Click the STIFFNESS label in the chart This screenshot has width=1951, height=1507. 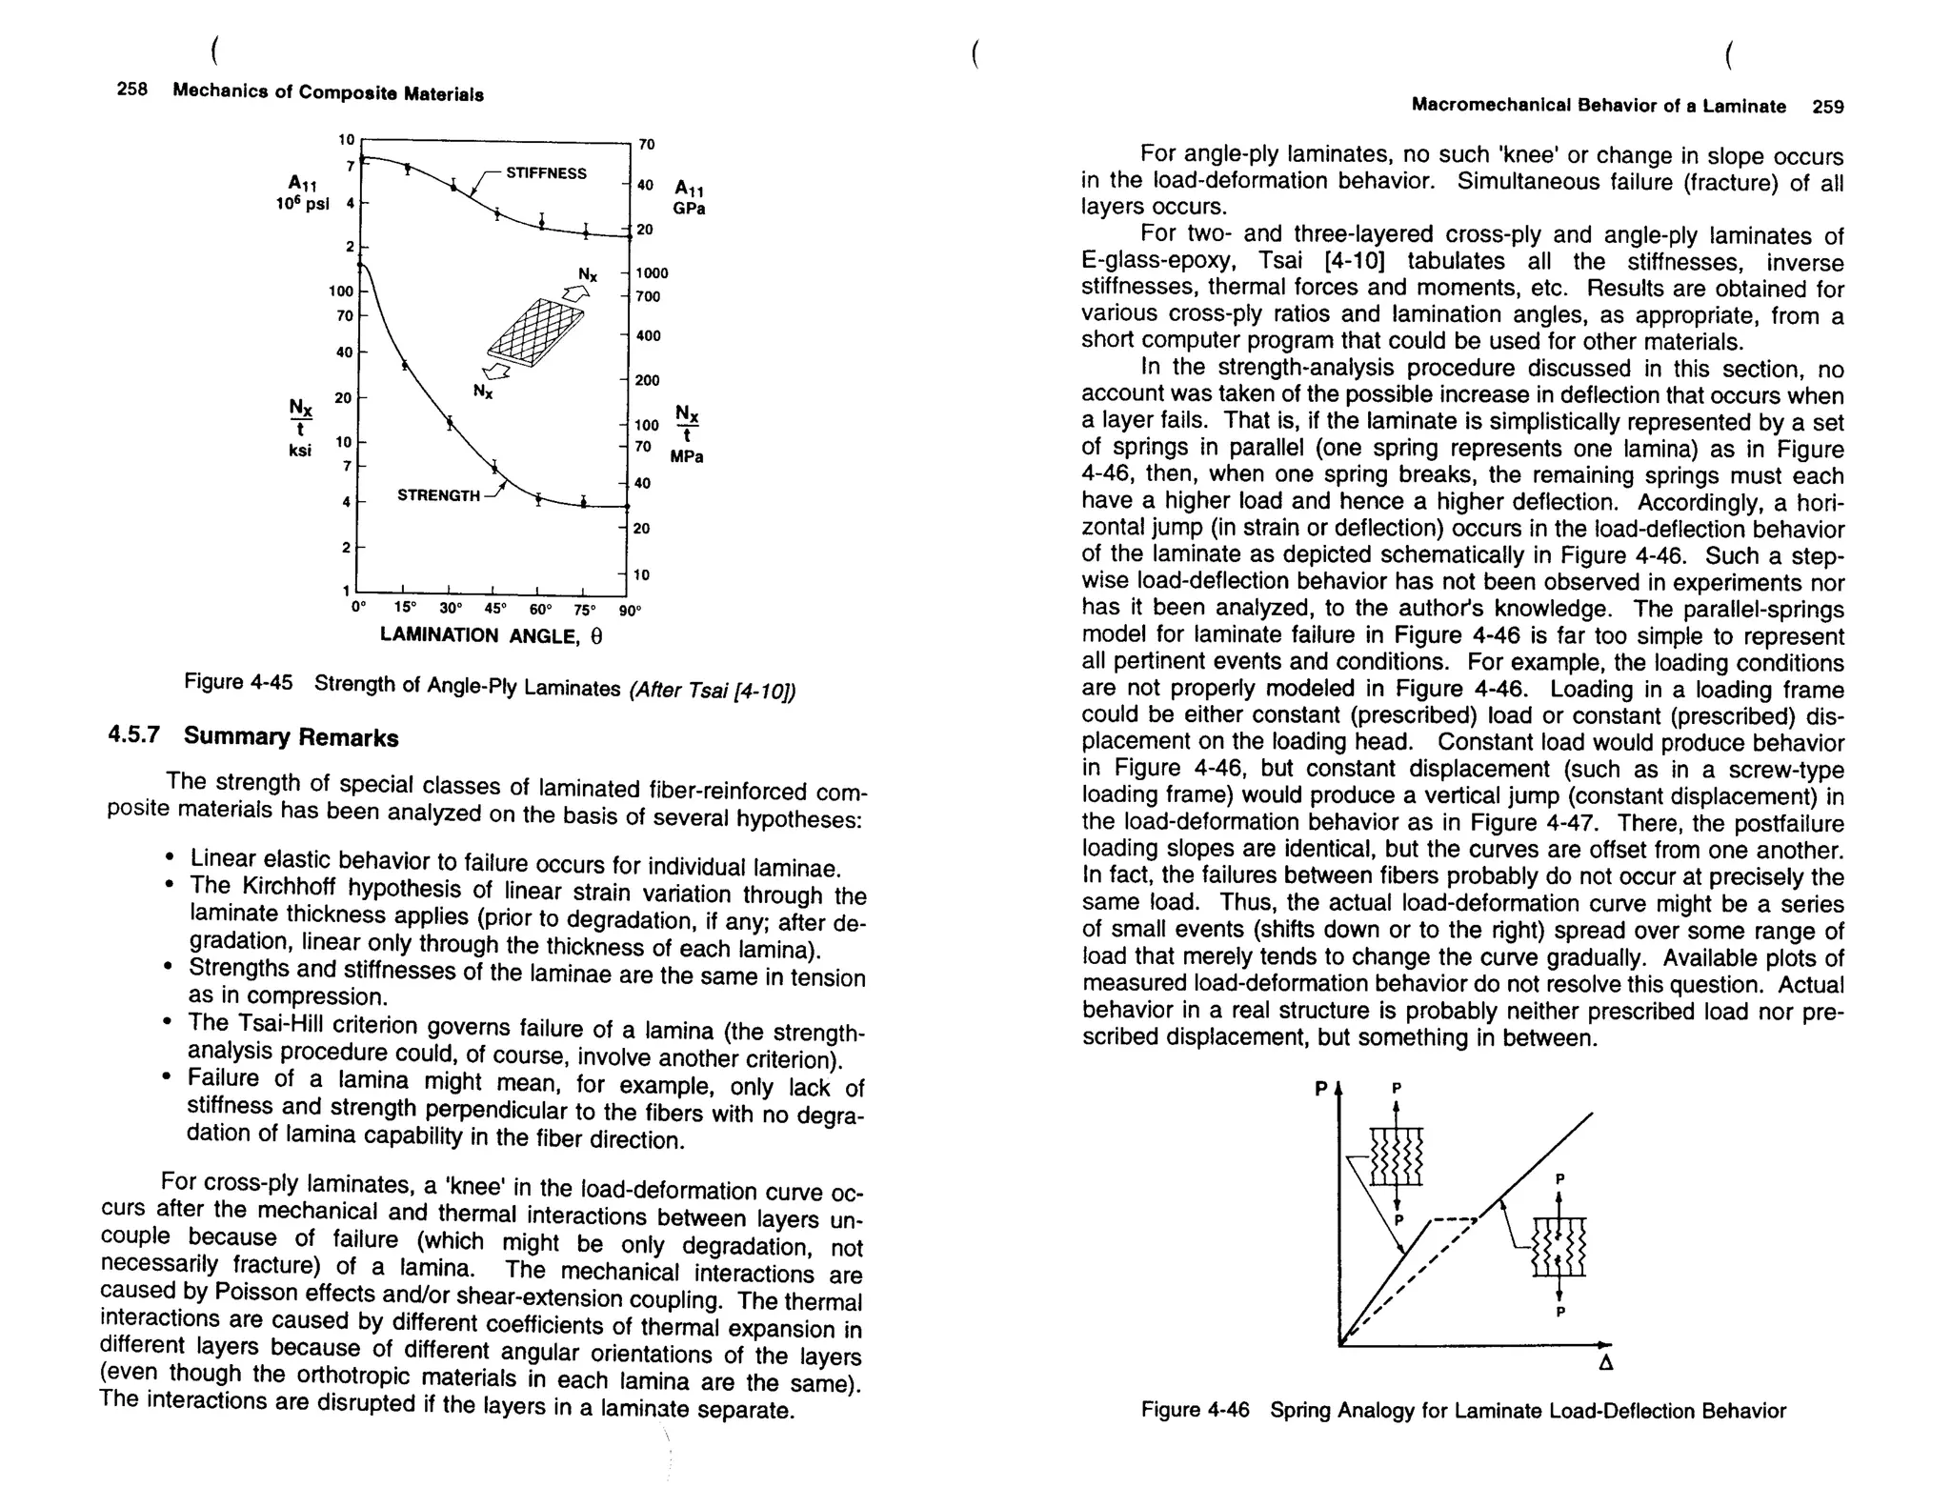[546, 173]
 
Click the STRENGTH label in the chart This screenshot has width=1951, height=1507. [438, 495]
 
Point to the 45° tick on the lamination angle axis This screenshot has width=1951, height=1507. [494, 609]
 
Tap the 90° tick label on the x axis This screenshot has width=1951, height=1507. [631, 610]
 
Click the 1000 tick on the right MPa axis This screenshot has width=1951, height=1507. [652, 273]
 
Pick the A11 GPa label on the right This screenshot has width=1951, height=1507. [689, 198]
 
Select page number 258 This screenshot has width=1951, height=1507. [132, 90]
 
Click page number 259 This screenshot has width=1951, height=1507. [1827, 107]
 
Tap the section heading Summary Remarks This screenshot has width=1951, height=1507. [291, 737]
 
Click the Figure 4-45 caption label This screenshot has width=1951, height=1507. [238, 682]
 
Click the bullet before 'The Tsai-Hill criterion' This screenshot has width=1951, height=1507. [169, 1023]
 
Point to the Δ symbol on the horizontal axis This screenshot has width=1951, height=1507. [1605, 1364]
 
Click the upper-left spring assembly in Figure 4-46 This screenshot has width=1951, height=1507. [1396, 1155]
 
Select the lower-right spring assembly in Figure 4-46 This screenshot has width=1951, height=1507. [1559, 1247]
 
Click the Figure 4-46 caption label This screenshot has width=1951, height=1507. [1195, 1410]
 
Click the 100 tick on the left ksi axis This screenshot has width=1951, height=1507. [340, 291]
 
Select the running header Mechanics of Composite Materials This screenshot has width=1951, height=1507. [328, 92]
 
